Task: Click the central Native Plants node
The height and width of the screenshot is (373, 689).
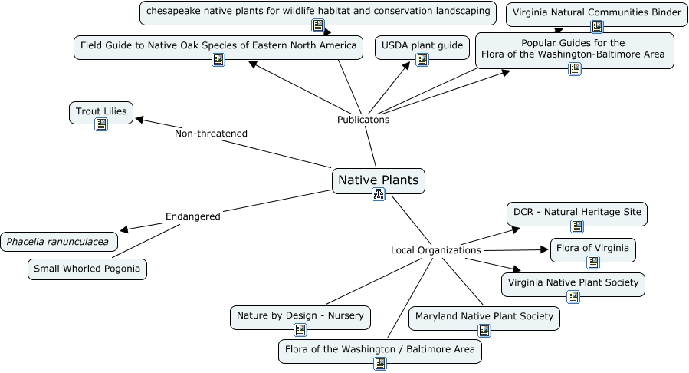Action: [379, 181]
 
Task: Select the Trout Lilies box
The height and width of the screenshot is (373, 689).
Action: [101, 112]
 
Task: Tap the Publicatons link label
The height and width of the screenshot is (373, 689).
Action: [363, 120]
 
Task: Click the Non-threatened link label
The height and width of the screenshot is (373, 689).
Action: [211, 134]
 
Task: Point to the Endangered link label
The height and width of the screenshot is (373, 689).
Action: [192, 216]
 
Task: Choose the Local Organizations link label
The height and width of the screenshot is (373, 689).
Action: [435, 250]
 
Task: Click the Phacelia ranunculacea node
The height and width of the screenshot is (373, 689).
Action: [59, 242]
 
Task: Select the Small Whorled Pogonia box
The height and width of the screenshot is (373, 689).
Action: [87, 269]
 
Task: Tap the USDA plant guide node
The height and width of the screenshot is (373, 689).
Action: [422, 46]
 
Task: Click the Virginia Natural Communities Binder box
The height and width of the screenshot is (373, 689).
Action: [596, 13]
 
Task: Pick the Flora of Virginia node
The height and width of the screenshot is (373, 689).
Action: [592, 249]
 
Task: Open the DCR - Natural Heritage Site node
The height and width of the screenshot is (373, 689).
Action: [577, 213]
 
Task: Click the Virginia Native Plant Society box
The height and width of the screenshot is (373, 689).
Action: [573, 282]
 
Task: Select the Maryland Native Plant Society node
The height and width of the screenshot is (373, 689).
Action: [484, 316]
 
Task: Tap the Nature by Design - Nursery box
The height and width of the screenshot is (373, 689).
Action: [300, 315]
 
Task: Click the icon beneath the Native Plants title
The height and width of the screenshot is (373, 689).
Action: [378, 194]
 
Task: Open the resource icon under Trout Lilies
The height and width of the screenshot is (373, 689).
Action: [101, 124]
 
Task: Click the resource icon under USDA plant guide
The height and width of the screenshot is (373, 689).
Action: [422, 59]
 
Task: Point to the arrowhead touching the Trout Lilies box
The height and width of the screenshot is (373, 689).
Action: [139, 119]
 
